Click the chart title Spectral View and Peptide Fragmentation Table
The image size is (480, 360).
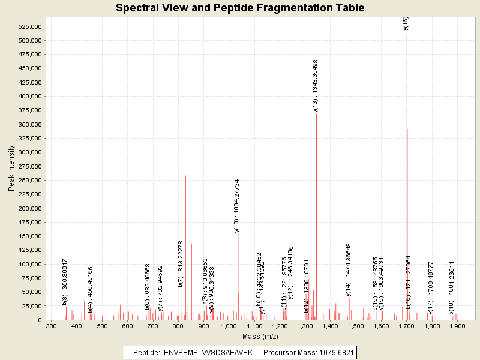240,8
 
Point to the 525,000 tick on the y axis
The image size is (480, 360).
28,26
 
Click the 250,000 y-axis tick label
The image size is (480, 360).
28,180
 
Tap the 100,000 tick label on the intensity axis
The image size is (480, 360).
28,264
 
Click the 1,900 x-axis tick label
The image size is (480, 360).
457,326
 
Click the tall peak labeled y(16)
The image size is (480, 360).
407,120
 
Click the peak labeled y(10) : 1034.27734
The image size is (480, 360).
238,270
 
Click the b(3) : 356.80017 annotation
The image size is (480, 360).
65,282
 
